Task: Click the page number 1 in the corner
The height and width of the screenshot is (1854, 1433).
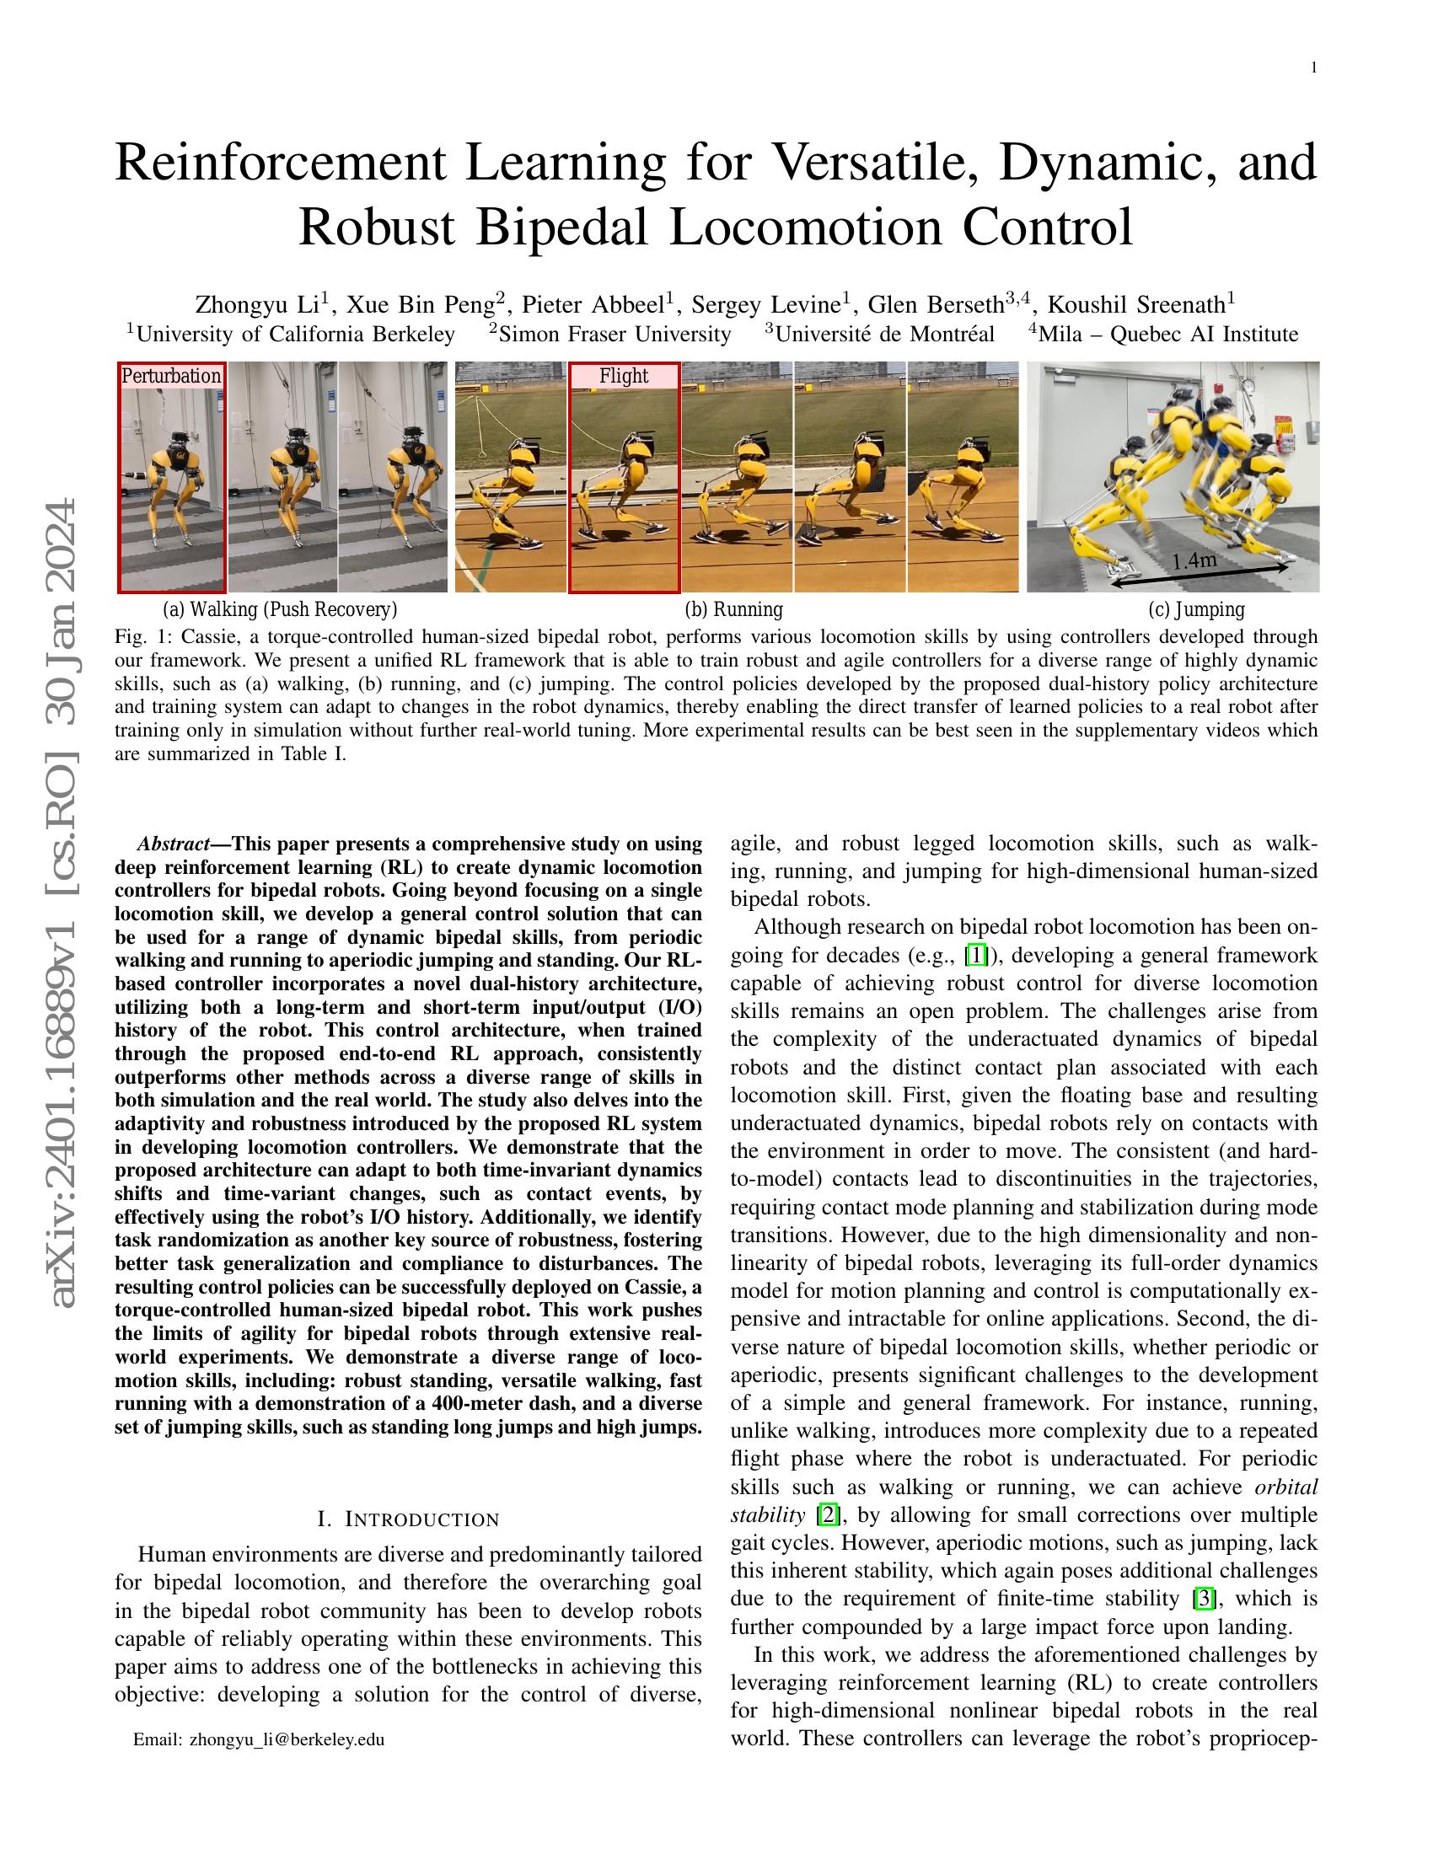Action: tap(1314, 69)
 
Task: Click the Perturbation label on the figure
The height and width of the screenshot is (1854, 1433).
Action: tap(171, 375)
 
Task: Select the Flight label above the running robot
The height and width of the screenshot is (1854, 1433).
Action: tap(623, 375)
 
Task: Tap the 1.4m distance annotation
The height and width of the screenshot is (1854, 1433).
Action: tap(1194, 560)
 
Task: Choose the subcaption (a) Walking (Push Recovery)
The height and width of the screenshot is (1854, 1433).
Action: tap(280, 608)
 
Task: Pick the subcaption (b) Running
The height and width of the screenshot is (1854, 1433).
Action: tap(733, 608)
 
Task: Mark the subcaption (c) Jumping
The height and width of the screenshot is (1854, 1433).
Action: tap(1196, 608)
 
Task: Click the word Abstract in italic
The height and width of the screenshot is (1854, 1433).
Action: tap(173, 844)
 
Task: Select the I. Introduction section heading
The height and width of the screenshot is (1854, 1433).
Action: tap(408, 1519)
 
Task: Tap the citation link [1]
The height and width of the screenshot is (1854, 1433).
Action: tap(977, 955)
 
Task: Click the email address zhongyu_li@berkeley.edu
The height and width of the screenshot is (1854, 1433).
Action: tap(287, 1739)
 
